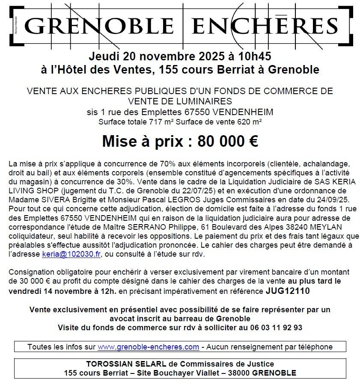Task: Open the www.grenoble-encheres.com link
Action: pyautogui.click(x=148, y=346)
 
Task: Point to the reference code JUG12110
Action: pyautogui.click(x=287, y=291)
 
